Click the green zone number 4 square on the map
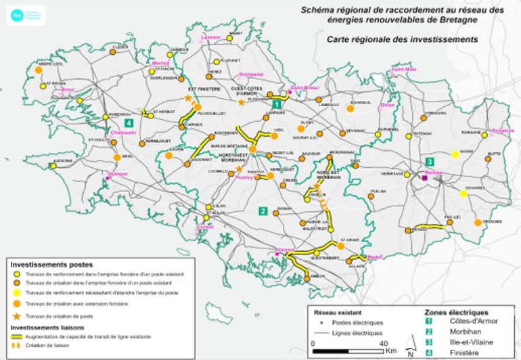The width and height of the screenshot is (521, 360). point(129,122)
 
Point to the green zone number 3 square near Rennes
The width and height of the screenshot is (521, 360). point(430,161)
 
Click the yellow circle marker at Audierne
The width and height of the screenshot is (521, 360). point(53,165)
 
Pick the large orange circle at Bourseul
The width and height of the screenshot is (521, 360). point(350,108)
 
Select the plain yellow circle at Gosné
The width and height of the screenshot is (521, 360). point(455,155)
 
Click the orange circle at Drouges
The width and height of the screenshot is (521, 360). point(478,222)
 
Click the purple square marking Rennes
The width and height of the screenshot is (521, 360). point(424,178)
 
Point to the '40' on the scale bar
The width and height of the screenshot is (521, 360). point(384,343)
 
